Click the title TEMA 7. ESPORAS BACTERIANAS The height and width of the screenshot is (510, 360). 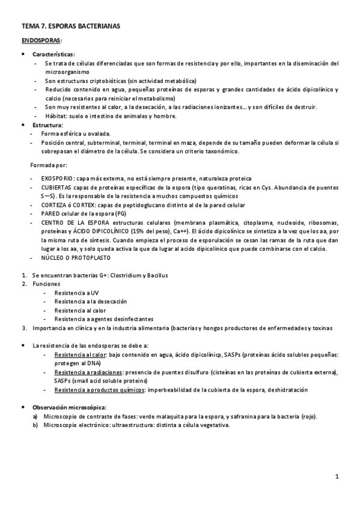point(70,26)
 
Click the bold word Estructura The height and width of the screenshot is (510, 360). point(47,124)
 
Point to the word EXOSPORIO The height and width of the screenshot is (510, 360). point(57,179)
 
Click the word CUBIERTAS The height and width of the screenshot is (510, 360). point(58,188)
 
